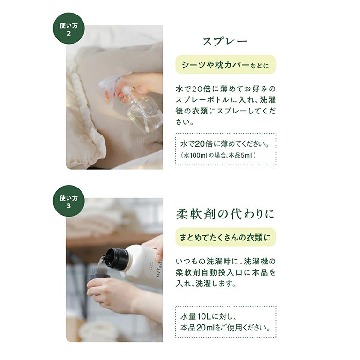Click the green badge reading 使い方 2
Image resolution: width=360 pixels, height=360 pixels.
tap(69, 29)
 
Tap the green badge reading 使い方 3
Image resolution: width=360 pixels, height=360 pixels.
tap(69, 201)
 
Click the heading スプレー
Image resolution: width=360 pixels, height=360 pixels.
tap(225, 42)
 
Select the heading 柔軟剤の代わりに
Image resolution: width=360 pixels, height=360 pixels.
tap(225, 214)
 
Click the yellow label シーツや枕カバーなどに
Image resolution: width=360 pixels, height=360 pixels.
tap(225, 65)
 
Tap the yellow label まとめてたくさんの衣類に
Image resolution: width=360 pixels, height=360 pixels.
tap(225, 237)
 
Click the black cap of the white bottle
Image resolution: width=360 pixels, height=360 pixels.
tap(117, 258)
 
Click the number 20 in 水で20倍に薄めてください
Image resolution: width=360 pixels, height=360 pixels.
tap(200, 144)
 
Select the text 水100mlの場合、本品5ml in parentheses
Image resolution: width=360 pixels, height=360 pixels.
tap(218, 155)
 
